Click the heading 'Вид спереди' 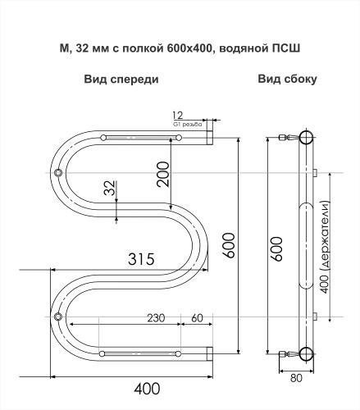coord(121,80)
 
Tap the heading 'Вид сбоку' coord(287,80)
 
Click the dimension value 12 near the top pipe coord(179,114)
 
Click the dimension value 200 coord(164,174)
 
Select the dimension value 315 coord(142,260)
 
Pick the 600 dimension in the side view coord(277,244)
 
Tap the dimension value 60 coord(197,317)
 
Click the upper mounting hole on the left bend coord(59,173)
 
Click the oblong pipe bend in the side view coord(305,245)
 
